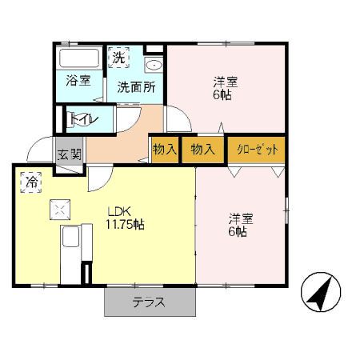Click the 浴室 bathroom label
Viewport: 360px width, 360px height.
78,81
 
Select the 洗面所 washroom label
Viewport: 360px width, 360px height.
135,87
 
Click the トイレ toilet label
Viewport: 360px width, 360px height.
83,119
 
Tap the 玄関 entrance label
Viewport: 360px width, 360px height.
69,154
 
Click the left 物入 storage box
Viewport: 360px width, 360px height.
165,150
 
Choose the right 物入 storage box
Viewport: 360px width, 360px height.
203,150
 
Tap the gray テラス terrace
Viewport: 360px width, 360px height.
150,302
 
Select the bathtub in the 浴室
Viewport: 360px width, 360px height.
78,58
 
